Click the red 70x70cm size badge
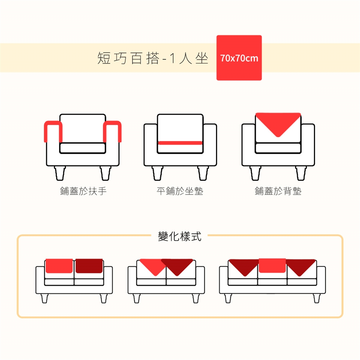pos(239,58)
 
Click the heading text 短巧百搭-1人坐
pos(153,58)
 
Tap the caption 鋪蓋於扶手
pos(83,191)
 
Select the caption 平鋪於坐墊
pos(180,191)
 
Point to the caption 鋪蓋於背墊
pos(278,191)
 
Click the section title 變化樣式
pos(180,236)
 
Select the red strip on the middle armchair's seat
pos(180,143)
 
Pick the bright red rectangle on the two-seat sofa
pos(59,265)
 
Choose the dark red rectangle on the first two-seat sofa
pos(89,265)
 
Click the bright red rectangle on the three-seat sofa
pos(272,265)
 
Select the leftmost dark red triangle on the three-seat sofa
pos(244,265)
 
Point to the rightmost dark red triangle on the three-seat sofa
pos(300,265)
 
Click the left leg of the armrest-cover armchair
pos(60,173)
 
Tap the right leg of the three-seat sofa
pos(316,298)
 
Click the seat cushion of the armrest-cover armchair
pos(82,148)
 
